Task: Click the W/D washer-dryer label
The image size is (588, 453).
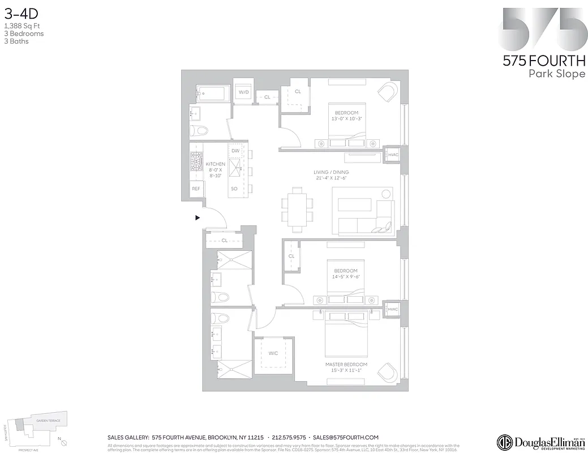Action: pos(244,92)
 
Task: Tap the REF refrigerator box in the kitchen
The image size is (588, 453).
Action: pos(196,189)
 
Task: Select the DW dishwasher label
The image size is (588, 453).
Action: pos(235,151)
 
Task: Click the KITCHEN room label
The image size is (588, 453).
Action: pos(215,164)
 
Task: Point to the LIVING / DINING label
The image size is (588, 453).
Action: pos(331,172)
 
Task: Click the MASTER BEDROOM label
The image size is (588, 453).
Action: pos(346,364)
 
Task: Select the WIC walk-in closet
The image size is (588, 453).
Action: pos(273,353)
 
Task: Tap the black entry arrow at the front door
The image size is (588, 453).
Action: pos(198,217)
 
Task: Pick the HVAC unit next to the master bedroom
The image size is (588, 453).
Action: pos(393,309)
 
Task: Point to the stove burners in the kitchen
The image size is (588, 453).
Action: pos(196,162)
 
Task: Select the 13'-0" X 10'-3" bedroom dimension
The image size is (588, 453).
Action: pos(346,119)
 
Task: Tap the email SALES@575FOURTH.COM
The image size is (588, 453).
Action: pos(345,438)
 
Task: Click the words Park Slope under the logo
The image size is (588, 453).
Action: pos(556,74)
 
